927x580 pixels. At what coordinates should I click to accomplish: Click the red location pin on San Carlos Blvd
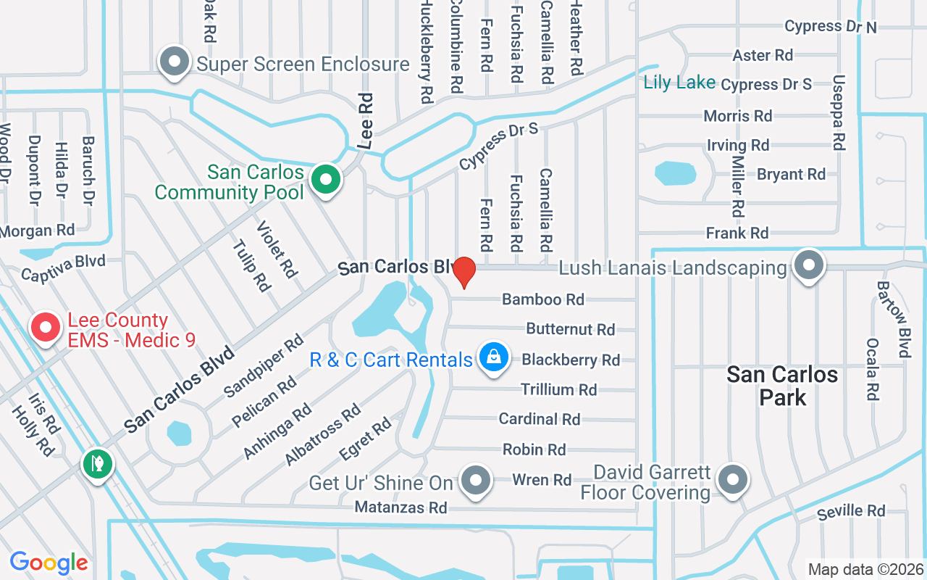pos(463,273)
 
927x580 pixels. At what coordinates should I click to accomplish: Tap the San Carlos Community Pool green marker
pos(327,178)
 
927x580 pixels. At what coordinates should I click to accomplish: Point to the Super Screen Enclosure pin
pos(175,62)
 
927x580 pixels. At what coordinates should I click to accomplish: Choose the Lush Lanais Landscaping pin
pos(809,265)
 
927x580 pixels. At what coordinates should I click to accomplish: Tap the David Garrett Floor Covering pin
pos(733,478)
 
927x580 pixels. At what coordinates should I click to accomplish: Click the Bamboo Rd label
pos(542,299)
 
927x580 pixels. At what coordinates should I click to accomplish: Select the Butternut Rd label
pos(570,329)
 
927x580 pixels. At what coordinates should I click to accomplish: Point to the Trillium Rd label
pos(558,390)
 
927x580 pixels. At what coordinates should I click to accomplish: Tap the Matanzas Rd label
pos(400,507)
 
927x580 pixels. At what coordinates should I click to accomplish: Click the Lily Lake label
pos(679,83)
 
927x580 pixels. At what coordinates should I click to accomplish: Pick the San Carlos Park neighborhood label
pos(782,386)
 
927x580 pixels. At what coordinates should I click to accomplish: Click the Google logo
pos(49,563)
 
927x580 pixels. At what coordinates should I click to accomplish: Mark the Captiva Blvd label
pos(63,268)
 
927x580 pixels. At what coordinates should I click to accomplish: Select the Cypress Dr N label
pos(830,26)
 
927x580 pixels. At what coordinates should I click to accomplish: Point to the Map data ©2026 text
pos(865,569)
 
